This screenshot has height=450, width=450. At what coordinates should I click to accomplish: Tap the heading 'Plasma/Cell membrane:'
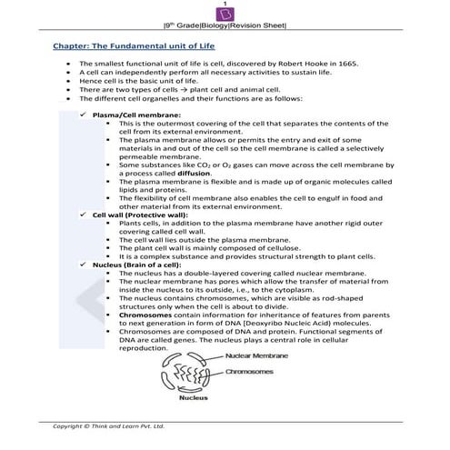pyautogui.click(x=133, y=115)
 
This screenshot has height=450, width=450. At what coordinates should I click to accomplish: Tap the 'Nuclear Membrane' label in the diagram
pyautogui.click(x=252, y=355)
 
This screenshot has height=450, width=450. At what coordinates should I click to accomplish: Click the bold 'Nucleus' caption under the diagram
pyautogui.click(x=195, y=398)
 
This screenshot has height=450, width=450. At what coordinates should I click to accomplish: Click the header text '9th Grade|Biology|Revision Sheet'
pyautogui.click(x=225, y=27)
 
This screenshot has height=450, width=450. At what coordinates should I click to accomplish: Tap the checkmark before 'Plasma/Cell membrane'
pyautogui.click(x=84, y=115)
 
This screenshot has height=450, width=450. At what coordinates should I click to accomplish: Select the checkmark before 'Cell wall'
pyautogui.click(x=84, y=214)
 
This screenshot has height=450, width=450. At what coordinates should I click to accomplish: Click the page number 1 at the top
pyautogui.click(x=225, y=5)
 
